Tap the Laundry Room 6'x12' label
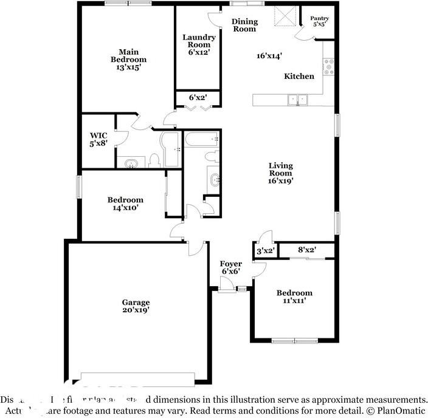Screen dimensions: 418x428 click(x=198, y=45)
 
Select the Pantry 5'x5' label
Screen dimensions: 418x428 click(x=320, y=22)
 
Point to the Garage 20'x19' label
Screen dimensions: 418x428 click(x=136, y=306)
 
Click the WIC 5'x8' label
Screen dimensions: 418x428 click(x=98, y=140)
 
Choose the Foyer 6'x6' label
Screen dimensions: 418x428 click(x=231, y=268)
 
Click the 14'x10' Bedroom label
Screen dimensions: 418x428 click(x=125, y=204)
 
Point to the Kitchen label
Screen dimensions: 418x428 click(x=299, y=77)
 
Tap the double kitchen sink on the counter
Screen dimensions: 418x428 click(x=298, y=100)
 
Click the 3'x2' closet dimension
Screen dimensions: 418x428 click(x=265, y=250)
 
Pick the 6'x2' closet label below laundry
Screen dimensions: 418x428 click(x=198, y=97)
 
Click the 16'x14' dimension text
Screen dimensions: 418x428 click(x=269, y=56)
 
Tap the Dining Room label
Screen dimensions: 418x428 click(x=244, y=26)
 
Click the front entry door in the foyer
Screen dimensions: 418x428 click(x=228, y=289)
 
